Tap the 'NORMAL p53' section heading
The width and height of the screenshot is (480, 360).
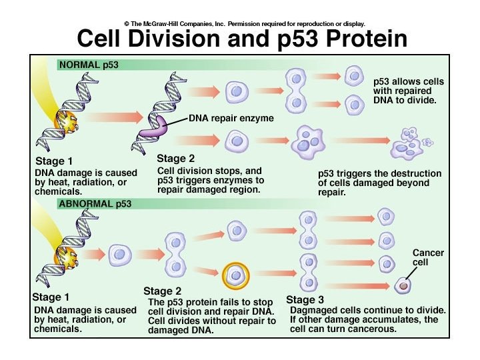coord(87,65)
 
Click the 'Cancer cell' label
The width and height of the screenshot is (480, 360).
coord(428,258)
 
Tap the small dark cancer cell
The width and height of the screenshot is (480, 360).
coord(403,287)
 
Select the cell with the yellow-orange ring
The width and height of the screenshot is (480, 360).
coord(236,275)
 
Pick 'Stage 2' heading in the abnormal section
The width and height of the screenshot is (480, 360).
coord(162,291)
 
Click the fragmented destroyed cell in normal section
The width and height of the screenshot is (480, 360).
coord(409,140)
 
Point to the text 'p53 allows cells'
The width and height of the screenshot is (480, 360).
coord(409,82)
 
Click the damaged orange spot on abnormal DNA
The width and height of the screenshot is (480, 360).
coord(64,254)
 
